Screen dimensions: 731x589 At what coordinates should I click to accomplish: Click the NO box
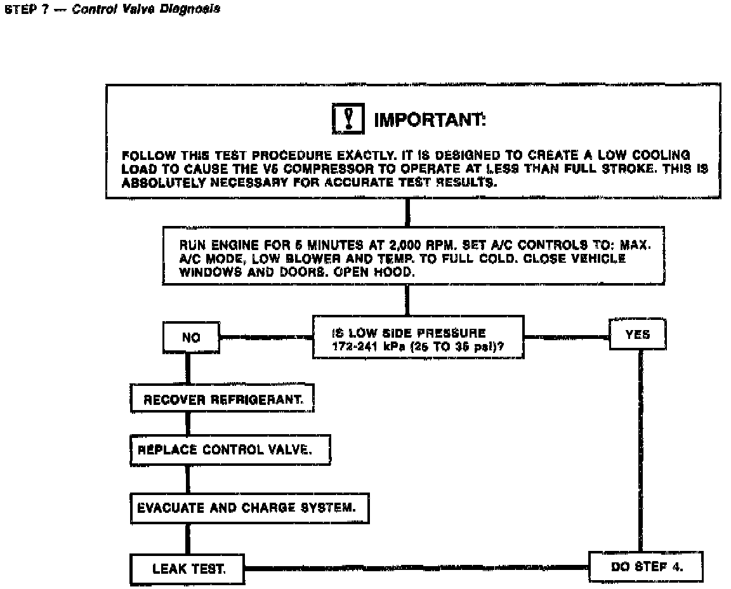coord(191,338)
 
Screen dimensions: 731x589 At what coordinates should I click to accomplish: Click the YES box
coord(637,335)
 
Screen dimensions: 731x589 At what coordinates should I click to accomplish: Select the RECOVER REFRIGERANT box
coord(222,400)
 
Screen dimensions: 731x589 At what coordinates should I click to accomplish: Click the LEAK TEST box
coord(188,568)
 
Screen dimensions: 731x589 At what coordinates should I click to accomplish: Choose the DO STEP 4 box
coord(645,567)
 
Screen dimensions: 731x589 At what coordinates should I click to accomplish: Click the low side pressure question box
coord(419,338)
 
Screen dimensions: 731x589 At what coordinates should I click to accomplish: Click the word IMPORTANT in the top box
coord(430,120)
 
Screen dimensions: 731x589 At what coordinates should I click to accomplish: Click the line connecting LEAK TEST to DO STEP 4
coord(416,568)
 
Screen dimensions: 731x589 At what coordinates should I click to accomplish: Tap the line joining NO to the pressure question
coord(266,338)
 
